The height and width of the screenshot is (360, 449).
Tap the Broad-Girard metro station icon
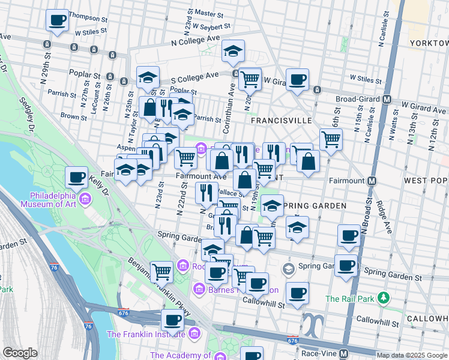point(387,99)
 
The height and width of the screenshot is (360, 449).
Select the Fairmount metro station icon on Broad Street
point(372,180)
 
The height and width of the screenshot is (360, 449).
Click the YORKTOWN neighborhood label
point(428,43)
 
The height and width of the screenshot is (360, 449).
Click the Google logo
point(20,353)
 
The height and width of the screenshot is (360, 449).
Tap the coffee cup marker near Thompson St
point(58,20)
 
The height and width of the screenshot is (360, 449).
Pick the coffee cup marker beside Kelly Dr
point(76,177)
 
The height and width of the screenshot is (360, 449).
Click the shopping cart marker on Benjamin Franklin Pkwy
point(161,271)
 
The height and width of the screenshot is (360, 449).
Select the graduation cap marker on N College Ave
point(233,51)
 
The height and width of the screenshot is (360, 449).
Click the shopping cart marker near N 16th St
point(331,139)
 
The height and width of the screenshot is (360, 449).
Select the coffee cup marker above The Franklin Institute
point(172,320)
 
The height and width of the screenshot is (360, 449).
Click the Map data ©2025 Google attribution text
point(412,355)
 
